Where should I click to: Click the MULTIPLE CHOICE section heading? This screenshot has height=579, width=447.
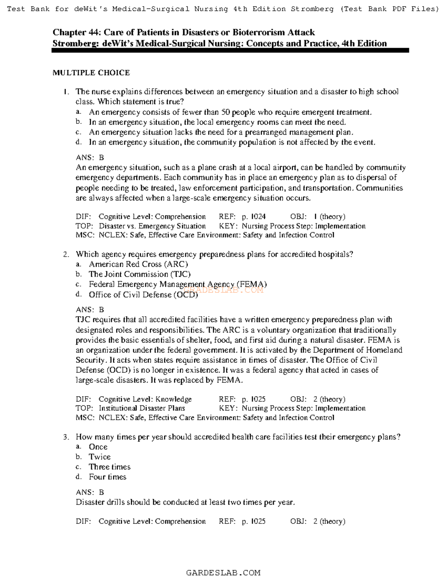coord(91,73)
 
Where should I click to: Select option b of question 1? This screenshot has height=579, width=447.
coord(217,122)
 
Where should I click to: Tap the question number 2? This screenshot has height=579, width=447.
coord(66,254)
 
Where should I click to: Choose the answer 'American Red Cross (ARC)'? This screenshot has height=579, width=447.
coord(138,264)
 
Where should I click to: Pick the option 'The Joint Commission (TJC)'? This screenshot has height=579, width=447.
coord(140,274)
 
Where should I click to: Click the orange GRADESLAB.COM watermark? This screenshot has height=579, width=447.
coord(228,290)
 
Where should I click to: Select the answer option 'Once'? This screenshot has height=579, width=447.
coord(98,447)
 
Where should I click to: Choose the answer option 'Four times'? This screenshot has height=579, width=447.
coord(107,476)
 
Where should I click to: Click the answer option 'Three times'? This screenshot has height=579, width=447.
coord(110,467)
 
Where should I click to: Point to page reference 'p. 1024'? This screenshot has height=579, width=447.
coord(254,217)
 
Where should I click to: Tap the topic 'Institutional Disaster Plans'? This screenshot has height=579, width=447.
coord(142,408)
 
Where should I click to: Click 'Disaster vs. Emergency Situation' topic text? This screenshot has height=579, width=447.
coord(152,226)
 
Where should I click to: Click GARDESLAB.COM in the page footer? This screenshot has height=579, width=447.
coord(223,573)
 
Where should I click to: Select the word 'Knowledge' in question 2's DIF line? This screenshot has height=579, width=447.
coord(174,399)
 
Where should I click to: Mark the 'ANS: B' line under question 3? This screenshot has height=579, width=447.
coord(90,492)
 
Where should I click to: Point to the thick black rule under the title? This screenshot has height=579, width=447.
coord(230,50)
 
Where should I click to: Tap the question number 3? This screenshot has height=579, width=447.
coord(66,437)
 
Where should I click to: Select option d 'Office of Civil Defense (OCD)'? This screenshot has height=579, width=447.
coord(143,295)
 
